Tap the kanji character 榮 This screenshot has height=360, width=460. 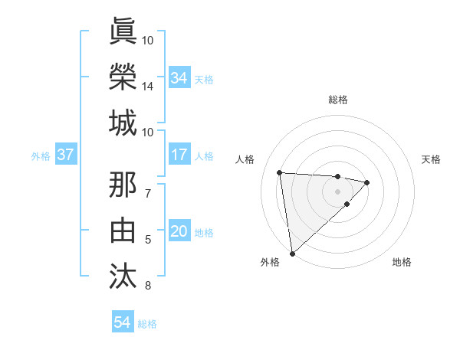[123, 77]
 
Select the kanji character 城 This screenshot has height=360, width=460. [123, 123]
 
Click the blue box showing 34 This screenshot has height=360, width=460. [179, 78]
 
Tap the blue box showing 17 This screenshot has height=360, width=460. [179, 155]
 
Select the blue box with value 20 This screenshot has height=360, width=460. [179, 232]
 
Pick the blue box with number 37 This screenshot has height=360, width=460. [65, 155]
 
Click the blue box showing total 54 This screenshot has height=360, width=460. [122, 322]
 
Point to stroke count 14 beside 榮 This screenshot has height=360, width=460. [148, 87]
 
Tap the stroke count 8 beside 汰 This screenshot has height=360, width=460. [148, 286]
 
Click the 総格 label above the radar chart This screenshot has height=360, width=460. [337, 100]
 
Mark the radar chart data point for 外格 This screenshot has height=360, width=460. [292, 253]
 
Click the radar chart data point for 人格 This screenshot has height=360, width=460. [280, 172]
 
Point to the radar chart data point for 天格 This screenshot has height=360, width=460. [367, 182]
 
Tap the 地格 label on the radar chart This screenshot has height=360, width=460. [402, 263]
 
